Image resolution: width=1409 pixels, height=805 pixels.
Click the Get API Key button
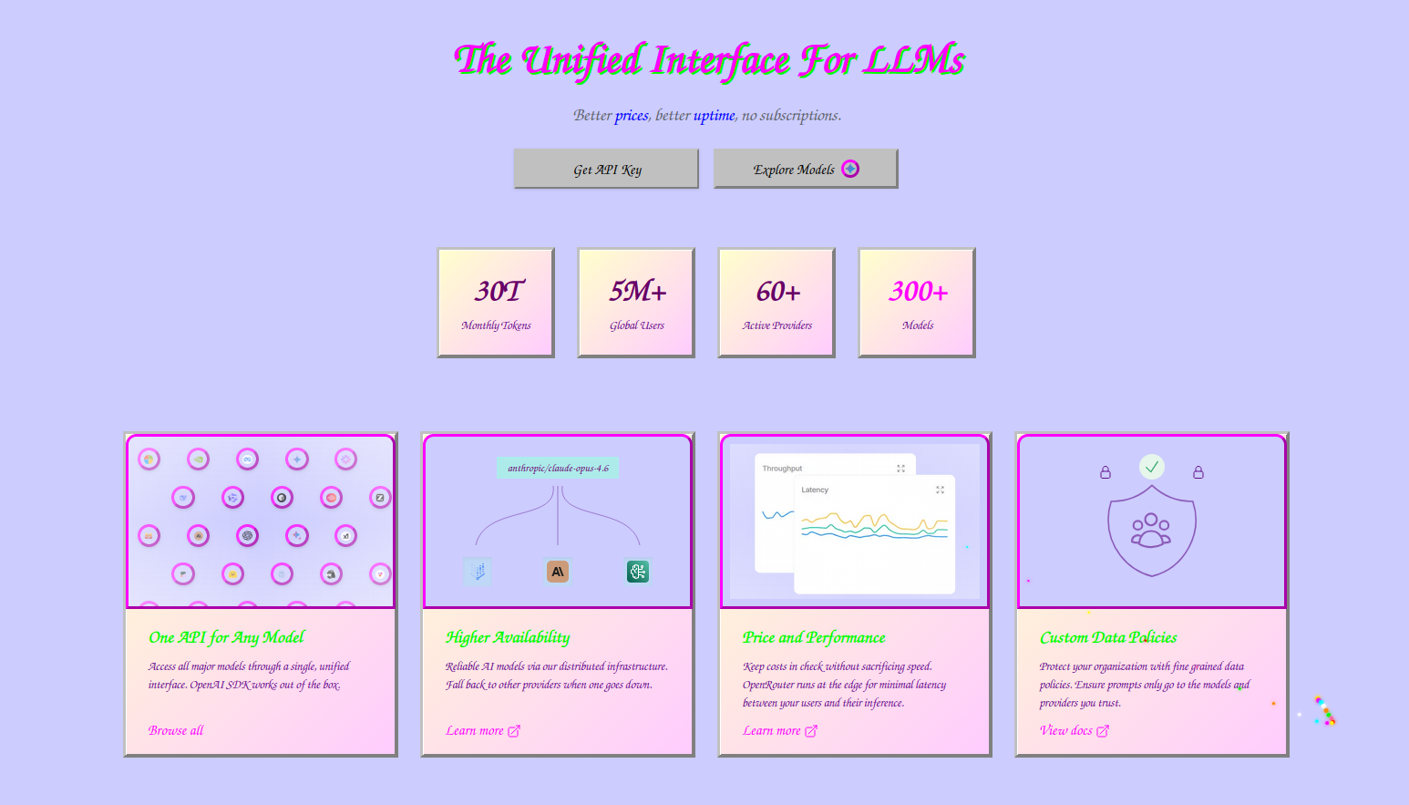point(606,169)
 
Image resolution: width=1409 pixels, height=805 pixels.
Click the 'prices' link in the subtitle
point(632,115)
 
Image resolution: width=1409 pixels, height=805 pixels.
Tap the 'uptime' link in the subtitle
point(714,115)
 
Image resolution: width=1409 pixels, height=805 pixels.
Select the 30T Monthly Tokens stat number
point(499,291)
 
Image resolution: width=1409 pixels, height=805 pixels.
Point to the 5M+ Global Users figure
point(637,291)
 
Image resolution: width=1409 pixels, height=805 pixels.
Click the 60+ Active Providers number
point(778,292)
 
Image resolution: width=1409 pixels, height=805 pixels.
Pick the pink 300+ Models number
point(918,292)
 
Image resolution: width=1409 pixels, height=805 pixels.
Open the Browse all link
point(176,730)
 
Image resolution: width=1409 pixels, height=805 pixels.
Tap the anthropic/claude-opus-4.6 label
point(558,468)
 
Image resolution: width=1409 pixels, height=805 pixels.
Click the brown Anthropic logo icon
point(557,572)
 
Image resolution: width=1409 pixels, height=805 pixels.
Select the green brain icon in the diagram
point(637,572)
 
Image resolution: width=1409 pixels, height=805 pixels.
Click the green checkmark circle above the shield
point(1152,467)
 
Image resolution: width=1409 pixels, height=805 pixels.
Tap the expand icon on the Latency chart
point(940,490)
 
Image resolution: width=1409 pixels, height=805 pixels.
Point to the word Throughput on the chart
point(782,469)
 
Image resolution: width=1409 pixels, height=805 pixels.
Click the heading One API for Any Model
point(226,637)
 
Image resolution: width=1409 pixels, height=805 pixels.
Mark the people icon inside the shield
point(1151,530)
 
